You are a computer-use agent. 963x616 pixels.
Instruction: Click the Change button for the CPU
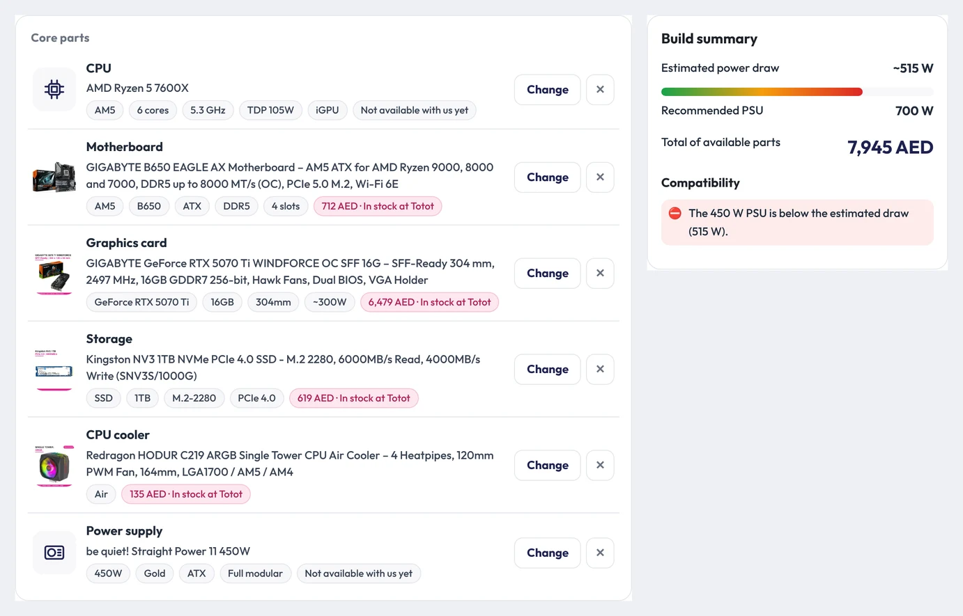pos(547,89)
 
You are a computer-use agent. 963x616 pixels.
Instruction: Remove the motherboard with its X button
pos(600,177)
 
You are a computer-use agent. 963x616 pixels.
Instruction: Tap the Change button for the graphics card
pos(547,274)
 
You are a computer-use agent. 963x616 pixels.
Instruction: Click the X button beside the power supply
pos(600,553)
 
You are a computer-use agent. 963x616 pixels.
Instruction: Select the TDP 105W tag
pos(270,110)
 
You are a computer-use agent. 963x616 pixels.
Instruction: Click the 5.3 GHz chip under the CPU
pos(208,110)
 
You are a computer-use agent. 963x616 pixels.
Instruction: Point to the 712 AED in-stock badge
pos(378,206)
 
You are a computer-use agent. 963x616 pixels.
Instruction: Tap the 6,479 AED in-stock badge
pos(429,302)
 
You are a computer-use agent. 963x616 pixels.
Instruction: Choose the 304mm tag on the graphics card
pos(273,302)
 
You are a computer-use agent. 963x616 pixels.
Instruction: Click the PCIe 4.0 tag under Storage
pos(256,398)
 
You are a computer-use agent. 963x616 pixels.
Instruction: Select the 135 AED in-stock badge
pos(186,494)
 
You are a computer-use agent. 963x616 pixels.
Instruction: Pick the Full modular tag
pos(255,574)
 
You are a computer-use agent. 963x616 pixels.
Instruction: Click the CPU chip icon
pos(54,89)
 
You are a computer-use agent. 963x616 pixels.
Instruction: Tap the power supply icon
pos(54,553)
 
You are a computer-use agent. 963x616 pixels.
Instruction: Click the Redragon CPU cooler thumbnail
pos(54,466)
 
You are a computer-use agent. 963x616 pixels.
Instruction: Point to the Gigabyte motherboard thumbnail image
pos(54,177)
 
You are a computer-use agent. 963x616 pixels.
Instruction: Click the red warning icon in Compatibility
pos(675,213)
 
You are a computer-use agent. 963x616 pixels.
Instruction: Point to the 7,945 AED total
pos(890,148)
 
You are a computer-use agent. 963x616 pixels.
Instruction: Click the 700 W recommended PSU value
pos(914,111)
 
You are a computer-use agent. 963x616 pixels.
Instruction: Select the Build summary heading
pos(709,39)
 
